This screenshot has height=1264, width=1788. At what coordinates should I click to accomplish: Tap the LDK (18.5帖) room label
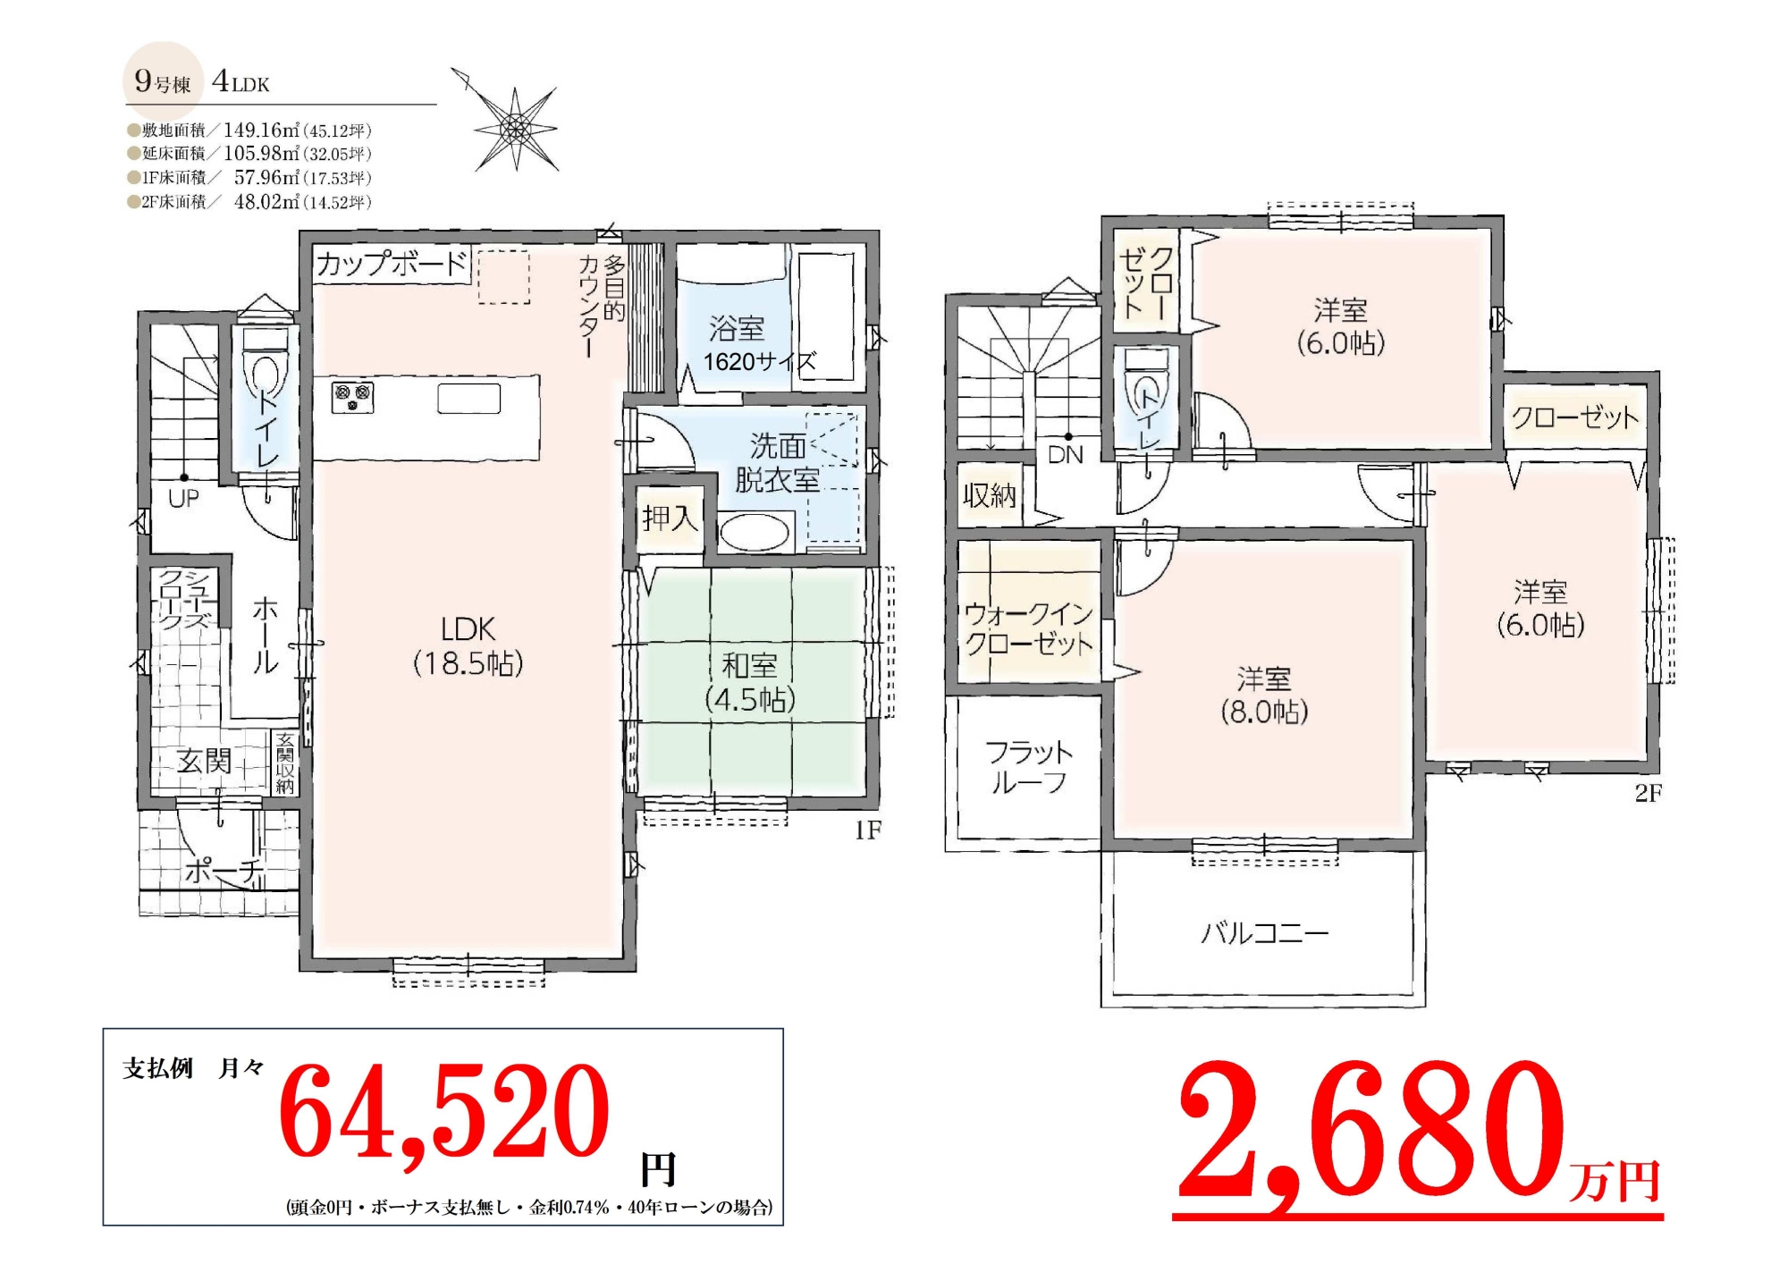(x=468, y=646)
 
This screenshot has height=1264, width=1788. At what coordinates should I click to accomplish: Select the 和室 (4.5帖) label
(x=750, y=682)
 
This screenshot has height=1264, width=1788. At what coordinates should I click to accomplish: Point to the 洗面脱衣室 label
(x=778, y=463)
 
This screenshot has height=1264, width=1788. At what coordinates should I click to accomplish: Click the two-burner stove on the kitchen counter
(x=352, y=397)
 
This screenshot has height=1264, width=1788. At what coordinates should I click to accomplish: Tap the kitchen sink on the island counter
(x=468, y=398)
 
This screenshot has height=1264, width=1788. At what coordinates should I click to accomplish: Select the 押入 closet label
(x=670, y=518)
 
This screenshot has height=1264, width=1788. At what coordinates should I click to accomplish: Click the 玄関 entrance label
(x=204, y=761)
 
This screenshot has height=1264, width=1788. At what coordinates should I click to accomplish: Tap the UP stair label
(x=183, y=499)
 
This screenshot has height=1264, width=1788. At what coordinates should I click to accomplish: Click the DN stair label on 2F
(x=1066, y=455)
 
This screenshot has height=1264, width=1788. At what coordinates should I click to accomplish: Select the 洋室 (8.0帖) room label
(x=1264, y=695)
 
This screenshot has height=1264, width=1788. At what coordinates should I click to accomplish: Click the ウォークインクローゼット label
(x=1029, y=628)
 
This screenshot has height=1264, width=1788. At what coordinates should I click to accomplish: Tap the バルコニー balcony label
(x=1264, y=933)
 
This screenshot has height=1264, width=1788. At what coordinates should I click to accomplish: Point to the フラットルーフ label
(x=1029, y=767)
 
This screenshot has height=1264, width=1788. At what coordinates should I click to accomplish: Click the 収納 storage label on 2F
(x=989, y=494)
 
